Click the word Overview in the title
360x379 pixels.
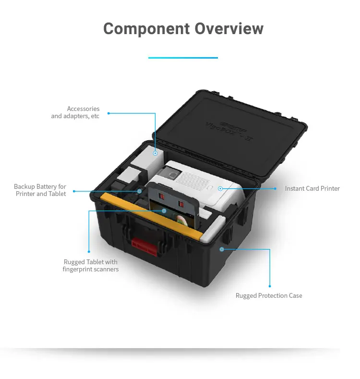pyautogui.click(x=229, y=28)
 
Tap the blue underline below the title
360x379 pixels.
pyautogui.click(x=183, y=58)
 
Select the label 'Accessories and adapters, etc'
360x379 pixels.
pyautogui.click(x=75, y=112)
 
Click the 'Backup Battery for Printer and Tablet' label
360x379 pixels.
pyautogui.click(x=40, y=190)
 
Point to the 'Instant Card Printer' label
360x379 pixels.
pyautogui.click(x=312, y=188)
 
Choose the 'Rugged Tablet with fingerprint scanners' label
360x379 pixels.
pyautogui.click(x=91, y=266)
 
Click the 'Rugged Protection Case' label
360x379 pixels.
pyautogui.click(x=269, y=295)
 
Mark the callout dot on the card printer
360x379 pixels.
pyautogui.click(x=220, y=189)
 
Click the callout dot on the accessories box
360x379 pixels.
pyautogui.click(x=155, y=153)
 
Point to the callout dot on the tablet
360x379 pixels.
pyautogui.click(x=164, y=210)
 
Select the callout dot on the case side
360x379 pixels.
pyautogui.click(x=222, y=249)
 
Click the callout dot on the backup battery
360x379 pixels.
pyautogui.click(x=140, y=191)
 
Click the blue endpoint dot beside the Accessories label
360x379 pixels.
pyautogui.click(x=108, y=113)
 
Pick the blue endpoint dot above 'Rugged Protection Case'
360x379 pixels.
pyautogui.click(x=269, y=286)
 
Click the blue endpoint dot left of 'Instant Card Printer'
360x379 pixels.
pyautogui.click(x=276, y=189)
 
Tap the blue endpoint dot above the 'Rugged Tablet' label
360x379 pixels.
pyautogui.click(x=89, y=251)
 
